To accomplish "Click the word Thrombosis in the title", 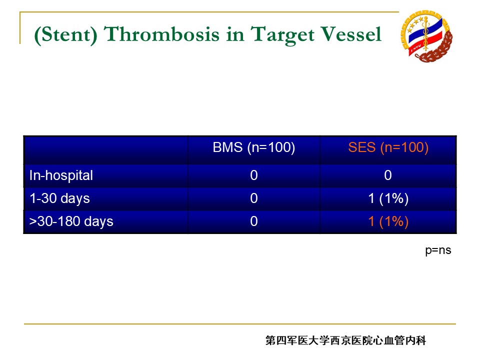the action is click(161, 34).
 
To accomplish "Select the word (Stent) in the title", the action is click(65, 34).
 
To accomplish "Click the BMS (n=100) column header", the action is click(254, 147).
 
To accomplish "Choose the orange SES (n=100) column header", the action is click(388, 147).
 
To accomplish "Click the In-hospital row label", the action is click(61, 175).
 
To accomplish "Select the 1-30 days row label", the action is click(59, 198).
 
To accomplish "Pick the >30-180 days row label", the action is click(71, 221).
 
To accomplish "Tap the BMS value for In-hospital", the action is click(254, 175).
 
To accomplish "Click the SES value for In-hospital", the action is click(388, 175).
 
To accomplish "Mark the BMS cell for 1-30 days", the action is click(254, 198).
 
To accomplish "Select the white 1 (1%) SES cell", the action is click(388, 198).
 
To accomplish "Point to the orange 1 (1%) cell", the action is click(388, 221).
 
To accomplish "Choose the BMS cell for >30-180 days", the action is click(254, 221).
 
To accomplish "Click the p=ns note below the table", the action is click(438, 250).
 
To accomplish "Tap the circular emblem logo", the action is click(426, 36).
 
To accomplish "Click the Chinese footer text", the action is click(345, 340).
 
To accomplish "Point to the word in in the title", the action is click(235, 34).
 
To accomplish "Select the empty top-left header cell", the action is click(105, 150).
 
